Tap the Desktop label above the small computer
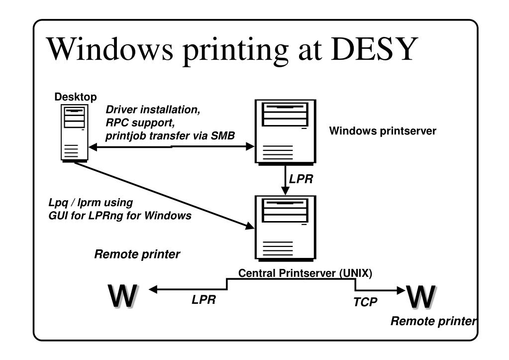[x=76, y=97]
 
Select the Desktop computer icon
[x=75, y=132]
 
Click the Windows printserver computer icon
[x=285, y=131]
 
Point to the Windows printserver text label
[x=382, y=131]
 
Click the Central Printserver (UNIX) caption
[x=305, y=273]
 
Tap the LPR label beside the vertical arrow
[x=302, y=179]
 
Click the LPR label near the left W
[x=204, y=300]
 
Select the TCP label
[x=365, y=302]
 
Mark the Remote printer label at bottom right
[x=433, y=321]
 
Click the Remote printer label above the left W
[x=137, y=254]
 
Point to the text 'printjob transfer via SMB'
[x=170, y=136]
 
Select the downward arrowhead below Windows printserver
[x=285, y=191]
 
